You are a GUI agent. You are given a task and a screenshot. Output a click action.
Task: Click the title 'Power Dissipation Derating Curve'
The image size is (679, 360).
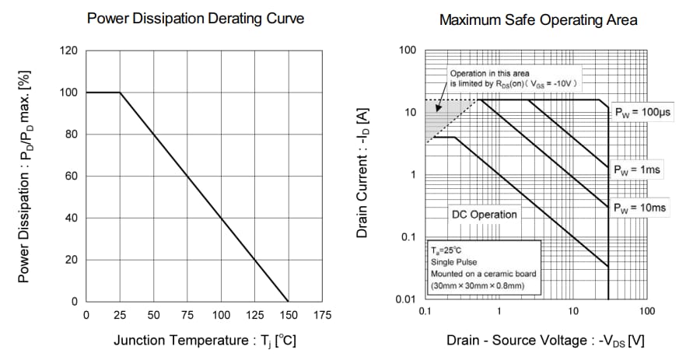coord(195,19)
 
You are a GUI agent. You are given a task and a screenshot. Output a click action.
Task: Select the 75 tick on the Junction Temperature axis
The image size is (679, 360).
coord(187,315)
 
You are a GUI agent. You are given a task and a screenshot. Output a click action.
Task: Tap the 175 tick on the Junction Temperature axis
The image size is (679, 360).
coord(321,315)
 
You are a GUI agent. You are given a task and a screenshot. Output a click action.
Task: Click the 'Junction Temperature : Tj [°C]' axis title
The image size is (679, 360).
coord(205,341)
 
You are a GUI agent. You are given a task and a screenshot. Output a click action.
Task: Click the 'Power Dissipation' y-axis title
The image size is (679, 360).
coord(24,176)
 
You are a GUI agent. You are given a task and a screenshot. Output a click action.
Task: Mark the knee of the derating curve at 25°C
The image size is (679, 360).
coord(120,93)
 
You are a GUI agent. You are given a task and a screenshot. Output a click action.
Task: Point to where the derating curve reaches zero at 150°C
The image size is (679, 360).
coord(288,301)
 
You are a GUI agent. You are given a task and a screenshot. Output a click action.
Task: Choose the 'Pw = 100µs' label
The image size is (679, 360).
coord(642,112)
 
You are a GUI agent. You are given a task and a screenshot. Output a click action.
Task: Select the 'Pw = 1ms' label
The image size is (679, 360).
coord(639,169)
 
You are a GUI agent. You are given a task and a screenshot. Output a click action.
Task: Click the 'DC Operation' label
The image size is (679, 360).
coord(484,214)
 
